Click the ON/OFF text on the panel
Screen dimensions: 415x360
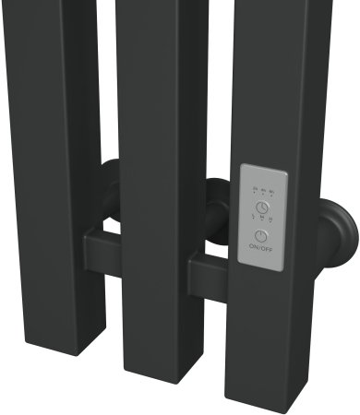[261, 248]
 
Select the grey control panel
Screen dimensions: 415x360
[261, 218]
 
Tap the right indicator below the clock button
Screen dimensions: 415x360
[270, 219]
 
